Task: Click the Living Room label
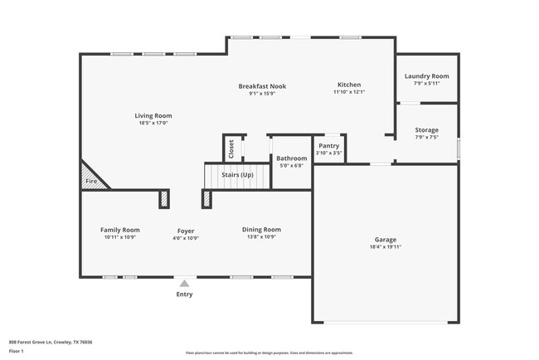(x=153, y=115)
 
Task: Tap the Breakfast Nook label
(x=261, y=85)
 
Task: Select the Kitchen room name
(x=348, y=85)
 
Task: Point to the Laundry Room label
(x=426, y=76)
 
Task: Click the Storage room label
(x=426, y=129)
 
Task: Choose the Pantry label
(x=329, y=146)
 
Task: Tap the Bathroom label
(x=291, y=158)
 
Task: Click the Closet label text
(x=231, y=148)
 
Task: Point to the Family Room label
(x=120, y=230)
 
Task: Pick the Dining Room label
(x=261, y=230)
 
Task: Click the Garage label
(x=386, y=239)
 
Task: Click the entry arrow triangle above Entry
(x=184, y=283)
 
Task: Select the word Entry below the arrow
(x=184, y=294)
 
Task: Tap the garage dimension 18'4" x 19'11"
(x=386, y=246)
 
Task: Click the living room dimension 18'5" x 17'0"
(x=153, y=123)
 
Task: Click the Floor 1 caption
(x=17, y=351)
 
